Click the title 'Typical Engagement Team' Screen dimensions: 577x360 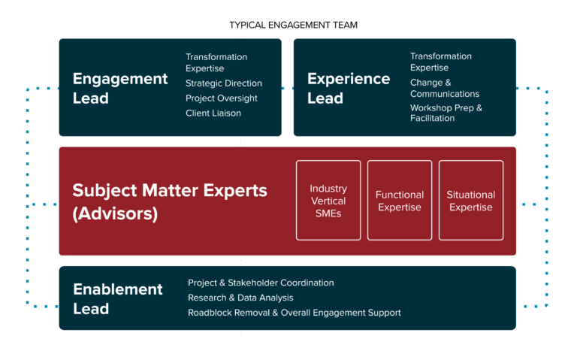tap(293, 25)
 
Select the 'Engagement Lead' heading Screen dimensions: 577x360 tap(120, 89)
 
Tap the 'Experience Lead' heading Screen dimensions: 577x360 tap(349, 89)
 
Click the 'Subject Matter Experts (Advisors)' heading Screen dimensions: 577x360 tap(170, 201)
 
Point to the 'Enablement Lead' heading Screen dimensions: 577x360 tap(118, 299)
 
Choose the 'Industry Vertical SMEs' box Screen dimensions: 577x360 tap(328, 200)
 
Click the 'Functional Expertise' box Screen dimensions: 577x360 tap(400, 200)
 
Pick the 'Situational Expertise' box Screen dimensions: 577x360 tap(471, 200)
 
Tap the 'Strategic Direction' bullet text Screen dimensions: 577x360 tap(224, 83)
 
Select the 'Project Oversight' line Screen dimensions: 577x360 tap(222, 98)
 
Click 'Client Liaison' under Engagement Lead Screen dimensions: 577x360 tap(213, 113)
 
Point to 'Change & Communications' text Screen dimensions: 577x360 tap(445, 89)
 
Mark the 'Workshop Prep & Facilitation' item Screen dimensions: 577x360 tap(446, 113)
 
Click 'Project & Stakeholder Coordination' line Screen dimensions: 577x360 tap(261, 283)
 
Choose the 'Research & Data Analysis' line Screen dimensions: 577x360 tap(240, 298)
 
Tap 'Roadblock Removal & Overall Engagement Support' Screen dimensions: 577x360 tap(295, 313)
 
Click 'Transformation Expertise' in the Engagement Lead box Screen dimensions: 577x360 tap(216, 62)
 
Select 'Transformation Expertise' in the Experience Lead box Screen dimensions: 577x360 tap(441, 62)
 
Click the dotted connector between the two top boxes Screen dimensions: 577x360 tap(288, 89)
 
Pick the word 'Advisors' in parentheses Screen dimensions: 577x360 tap(115, 213)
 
